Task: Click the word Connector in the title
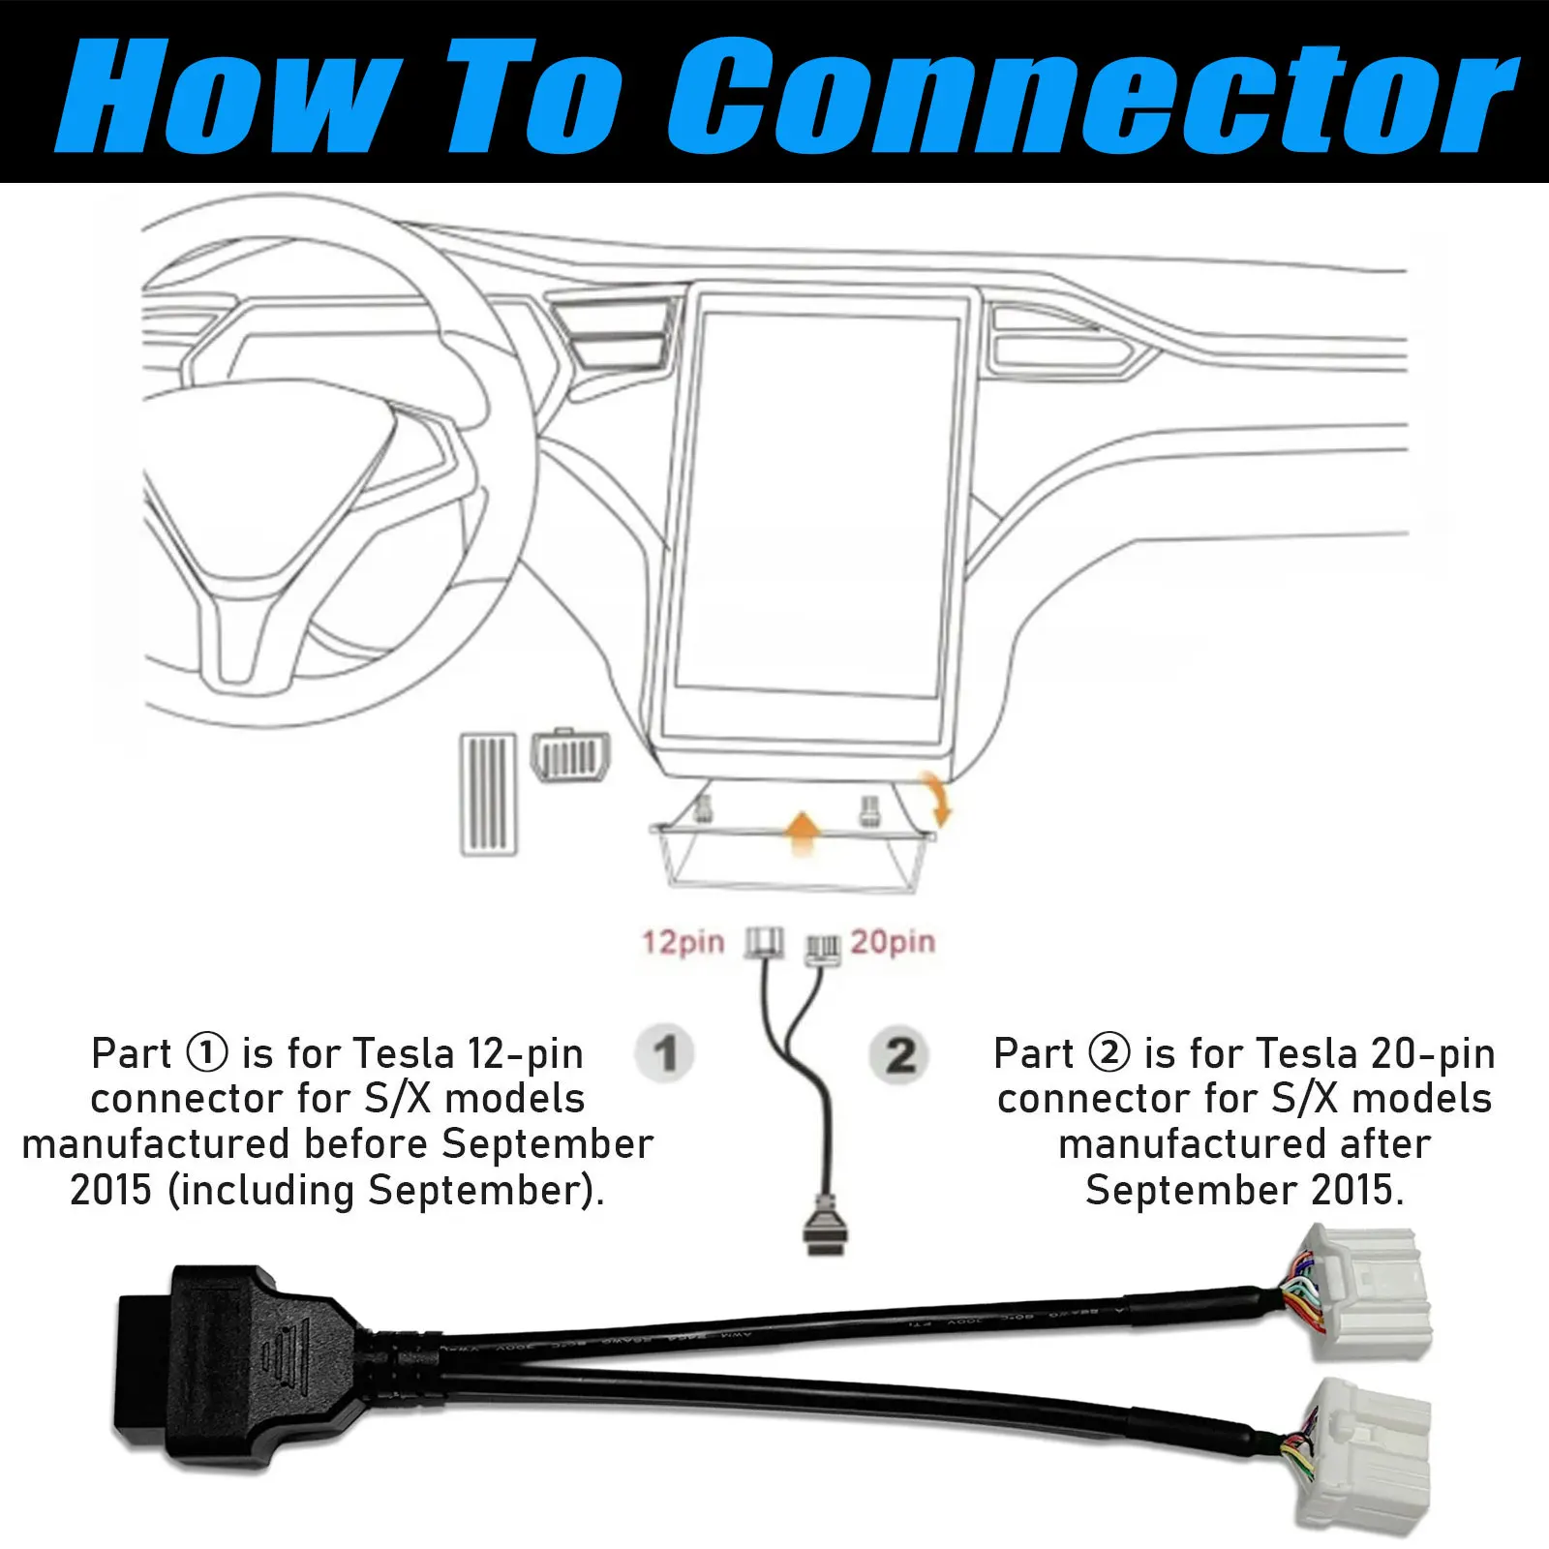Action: (x=1093, y=96)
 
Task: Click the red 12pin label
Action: (x=683, y=942)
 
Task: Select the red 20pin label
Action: (x=893, y=941)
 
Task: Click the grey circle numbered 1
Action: (x=665, y=1053)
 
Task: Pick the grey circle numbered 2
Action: (x=900, y=1054)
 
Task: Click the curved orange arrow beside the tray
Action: (x=936, y=800)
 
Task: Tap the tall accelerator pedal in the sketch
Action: (x=488, y=794)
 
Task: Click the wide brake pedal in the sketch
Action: (x=571, y=755)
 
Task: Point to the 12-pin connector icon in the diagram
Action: (x=765, y=943)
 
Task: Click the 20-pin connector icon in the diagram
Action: (x=823, y=949)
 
